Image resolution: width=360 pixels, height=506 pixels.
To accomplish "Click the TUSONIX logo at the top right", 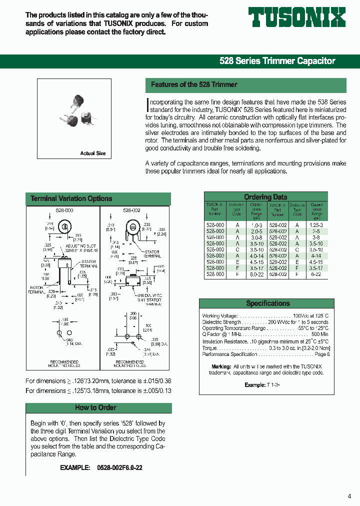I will [x=297, y=17].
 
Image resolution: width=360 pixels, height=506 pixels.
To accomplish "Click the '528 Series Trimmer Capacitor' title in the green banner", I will [x=277, y=61].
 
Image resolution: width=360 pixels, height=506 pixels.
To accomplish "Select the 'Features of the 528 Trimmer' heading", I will [x=194, y=85].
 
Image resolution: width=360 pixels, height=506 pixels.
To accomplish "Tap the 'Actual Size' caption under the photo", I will [x=93, y=153].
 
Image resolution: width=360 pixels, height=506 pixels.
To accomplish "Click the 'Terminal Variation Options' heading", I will [x=71, y=199].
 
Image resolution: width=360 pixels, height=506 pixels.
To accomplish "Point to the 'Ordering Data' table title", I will [x=265, y=197].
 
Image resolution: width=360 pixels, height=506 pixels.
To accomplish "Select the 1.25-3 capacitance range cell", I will [x=316, y=225].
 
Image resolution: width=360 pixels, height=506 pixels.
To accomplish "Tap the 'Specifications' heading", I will [x=267, y=303].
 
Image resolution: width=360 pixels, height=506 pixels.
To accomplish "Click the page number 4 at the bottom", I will [x=349, y=496].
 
